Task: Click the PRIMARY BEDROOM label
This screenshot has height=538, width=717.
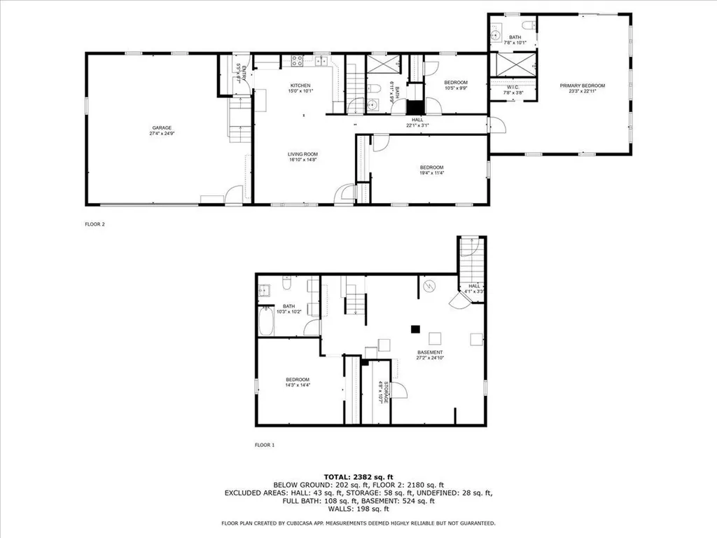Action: (582, 85)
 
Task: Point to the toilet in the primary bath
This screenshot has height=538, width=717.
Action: (533, 27)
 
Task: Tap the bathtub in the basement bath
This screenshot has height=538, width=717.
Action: (266, 324)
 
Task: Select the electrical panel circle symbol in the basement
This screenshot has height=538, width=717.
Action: (430, 286)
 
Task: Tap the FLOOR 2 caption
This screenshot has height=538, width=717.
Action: (94, 225)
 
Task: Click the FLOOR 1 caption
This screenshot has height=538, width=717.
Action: (264, 445)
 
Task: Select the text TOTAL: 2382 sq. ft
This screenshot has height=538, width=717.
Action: (358, 476)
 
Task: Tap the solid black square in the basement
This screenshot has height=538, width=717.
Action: (415, 327)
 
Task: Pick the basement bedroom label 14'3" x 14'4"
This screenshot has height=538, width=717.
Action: (298, 385)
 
